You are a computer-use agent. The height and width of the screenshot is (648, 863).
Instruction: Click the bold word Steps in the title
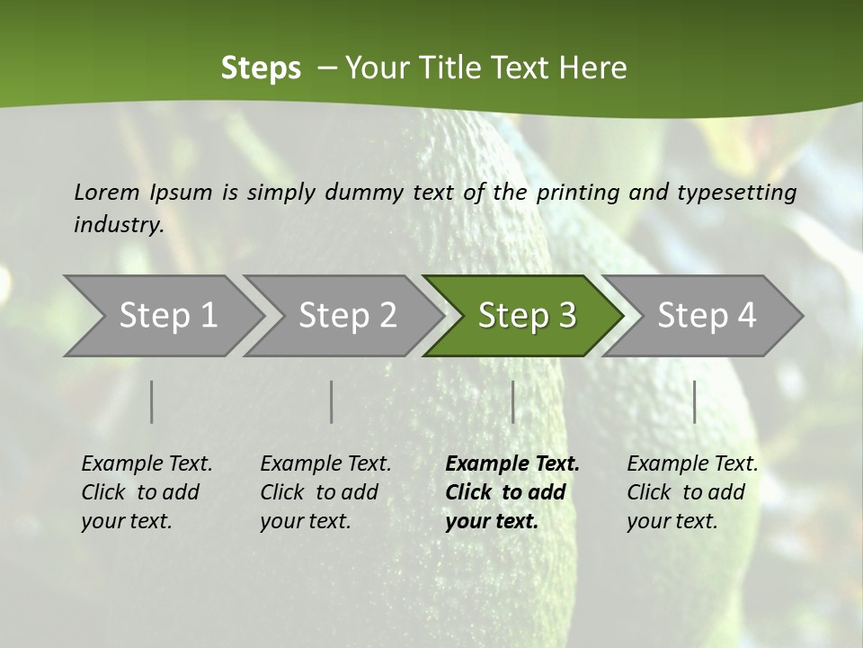coord(261,68)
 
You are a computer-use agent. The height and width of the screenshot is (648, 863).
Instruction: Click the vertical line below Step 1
coord(152,401)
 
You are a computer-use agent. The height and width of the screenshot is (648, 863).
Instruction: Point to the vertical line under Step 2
coord(332,401)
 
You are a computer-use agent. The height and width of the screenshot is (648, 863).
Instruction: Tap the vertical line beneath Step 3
coord(512,401)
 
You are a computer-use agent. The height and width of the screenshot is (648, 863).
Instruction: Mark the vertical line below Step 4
coord(695,401)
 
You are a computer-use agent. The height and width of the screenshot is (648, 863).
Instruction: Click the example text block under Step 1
coord(147,492)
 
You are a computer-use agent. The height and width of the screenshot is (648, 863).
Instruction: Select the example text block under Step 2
coord(325,492)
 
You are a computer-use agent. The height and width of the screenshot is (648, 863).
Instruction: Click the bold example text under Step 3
coord(512,492)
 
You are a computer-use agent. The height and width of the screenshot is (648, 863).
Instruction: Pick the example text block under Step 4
coord(692,492)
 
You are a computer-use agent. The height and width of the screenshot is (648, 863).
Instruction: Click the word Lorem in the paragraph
coord(107,192)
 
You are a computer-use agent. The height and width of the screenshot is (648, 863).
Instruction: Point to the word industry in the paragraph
coord(118,225)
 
